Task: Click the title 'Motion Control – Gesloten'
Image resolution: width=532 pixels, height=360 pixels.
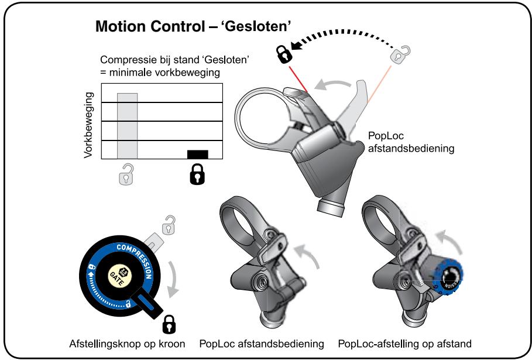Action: point(193,27)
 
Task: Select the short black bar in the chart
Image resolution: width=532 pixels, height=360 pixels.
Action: point(198,154)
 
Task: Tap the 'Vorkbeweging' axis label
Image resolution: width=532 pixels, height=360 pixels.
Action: point(90,125)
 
